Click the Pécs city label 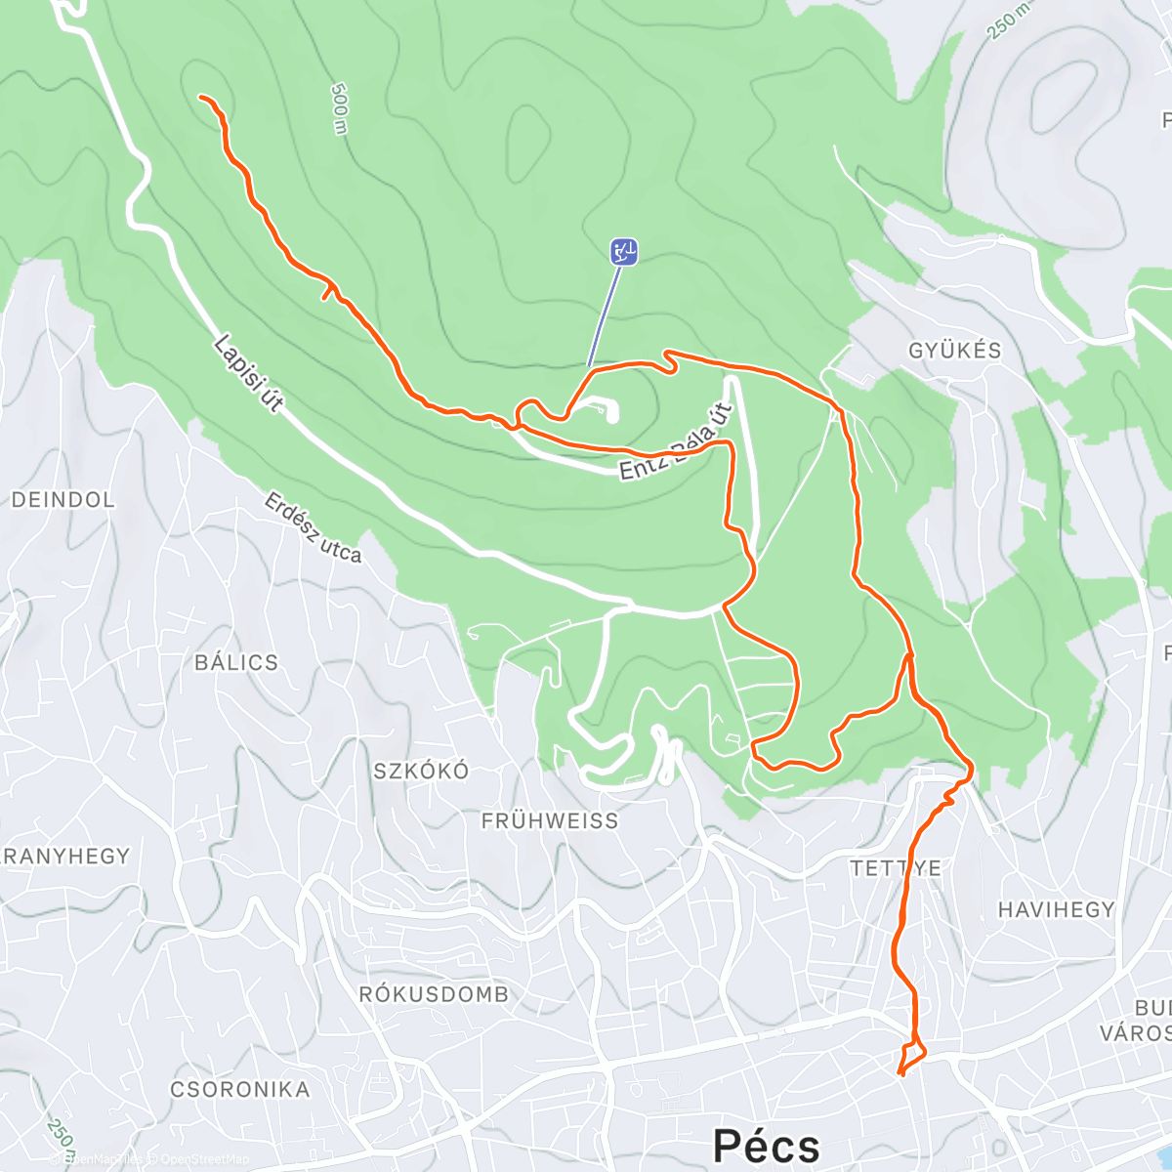(766, 1145)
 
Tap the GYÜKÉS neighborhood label (954, 351)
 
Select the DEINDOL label (63, 500)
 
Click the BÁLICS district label (236, 662)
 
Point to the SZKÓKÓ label (421, 771)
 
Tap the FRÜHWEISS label (550, 821)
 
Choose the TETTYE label (896, 867)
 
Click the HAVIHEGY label (1056, 909)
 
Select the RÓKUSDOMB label (434, 994)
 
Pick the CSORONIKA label (240, 1089)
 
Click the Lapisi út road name (248, 373)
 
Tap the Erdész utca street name (313, 527)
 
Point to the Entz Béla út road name (676, 442)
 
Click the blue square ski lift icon (624, 252)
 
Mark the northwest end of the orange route (201, 98)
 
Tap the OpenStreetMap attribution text (204, 1159)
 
